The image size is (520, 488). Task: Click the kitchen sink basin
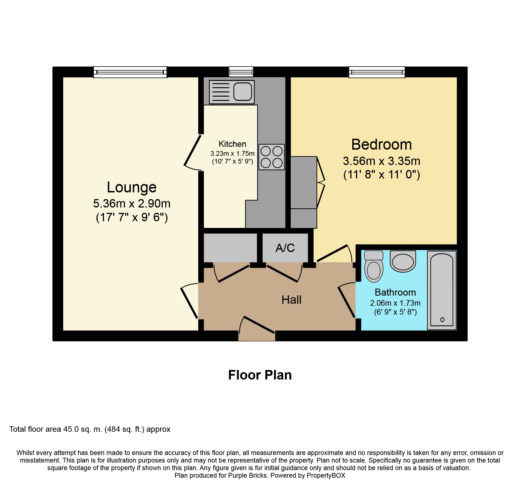pyautogui.click(x=242, y=91)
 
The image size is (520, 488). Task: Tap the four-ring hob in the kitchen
pyautogui.click(x=271, y=157)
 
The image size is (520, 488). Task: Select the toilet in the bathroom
pyautogui.click(x=374, y=267)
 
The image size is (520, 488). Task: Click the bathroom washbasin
pyautogui.click(x=403, y=261)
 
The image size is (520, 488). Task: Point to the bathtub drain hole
pyautogui.click(x=442, y=320)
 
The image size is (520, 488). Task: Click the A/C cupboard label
pyautogui.click(x=285, y=248)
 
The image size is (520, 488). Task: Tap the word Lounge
pyautogui.click(x=132, y=187)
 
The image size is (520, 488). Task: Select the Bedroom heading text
pyautogui.click(x=382, y=145)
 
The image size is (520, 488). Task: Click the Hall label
pyautogui.click(x=291, y=300)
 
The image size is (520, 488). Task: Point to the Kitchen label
pyautogui.click(x=232, y=144)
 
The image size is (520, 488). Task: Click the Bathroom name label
pyautogui.click(x=395, y=292)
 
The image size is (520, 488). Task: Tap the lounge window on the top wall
pyautogui.click(x=130, y=72)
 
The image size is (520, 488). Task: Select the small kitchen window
pyautogui.click(x=241, y=72)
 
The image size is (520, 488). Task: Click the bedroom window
pyautogui.click(x=377, y=72)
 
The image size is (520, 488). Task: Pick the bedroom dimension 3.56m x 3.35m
pyautogui.click(x=382, y=161)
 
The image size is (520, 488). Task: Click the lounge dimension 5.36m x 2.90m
pyautogui.click(x=132, y=204)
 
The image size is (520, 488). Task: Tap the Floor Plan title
pyautogui.click(x=260, y=375)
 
